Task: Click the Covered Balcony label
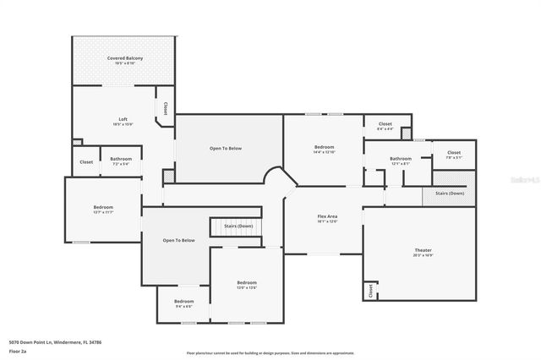tap(124, 58)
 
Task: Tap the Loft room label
tap(123, 120)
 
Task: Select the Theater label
tap(423, 250)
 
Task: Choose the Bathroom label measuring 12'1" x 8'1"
tap(401, 159)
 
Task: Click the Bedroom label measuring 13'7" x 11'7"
tap(103, 208)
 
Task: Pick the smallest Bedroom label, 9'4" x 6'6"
tap(183, 302)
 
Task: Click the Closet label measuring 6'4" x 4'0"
tap(385, 125)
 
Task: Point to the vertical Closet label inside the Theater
tap(370, 291)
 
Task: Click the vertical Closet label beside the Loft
tap(165, 109)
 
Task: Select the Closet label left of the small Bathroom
tap(86, 161)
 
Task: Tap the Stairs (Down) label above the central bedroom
tap(238, 226)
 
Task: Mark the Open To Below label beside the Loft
tap(226, 149)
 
